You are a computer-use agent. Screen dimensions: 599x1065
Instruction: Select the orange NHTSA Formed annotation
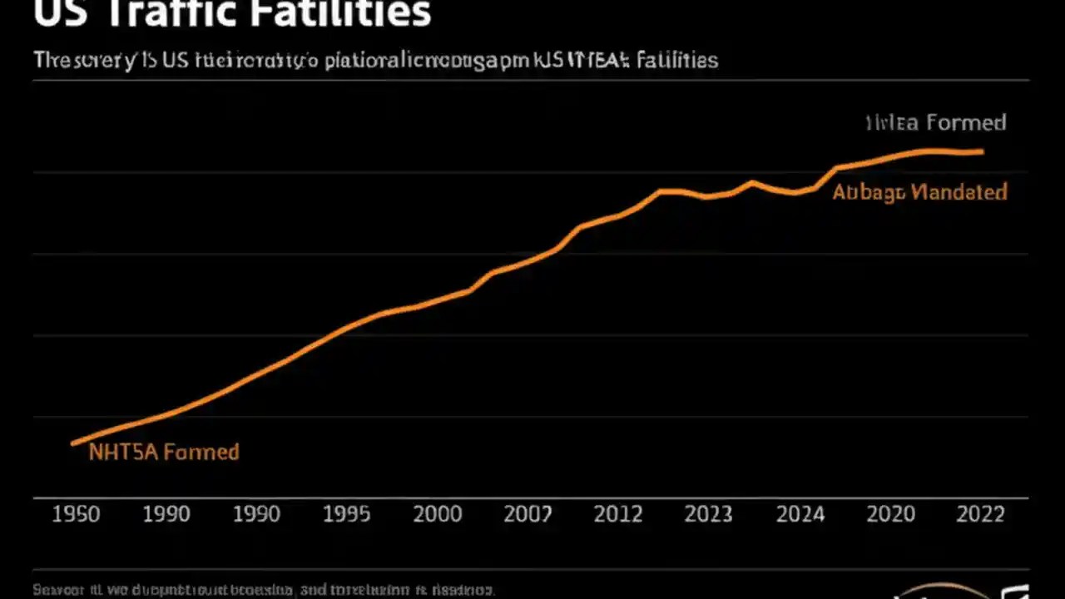click(164, 453)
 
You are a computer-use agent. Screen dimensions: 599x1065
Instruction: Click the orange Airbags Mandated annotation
click(919, 192)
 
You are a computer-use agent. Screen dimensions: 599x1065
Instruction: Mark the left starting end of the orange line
click(73, 443)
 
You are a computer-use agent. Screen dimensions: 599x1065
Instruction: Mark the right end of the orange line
click(983, 151)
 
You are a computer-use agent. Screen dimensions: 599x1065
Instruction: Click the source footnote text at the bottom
click(263, 590)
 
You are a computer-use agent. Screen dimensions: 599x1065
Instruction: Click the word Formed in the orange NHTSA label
click(201, 453)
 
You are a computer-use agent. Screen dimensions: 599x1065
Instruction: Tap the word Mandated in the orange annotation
click(958, 192)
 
